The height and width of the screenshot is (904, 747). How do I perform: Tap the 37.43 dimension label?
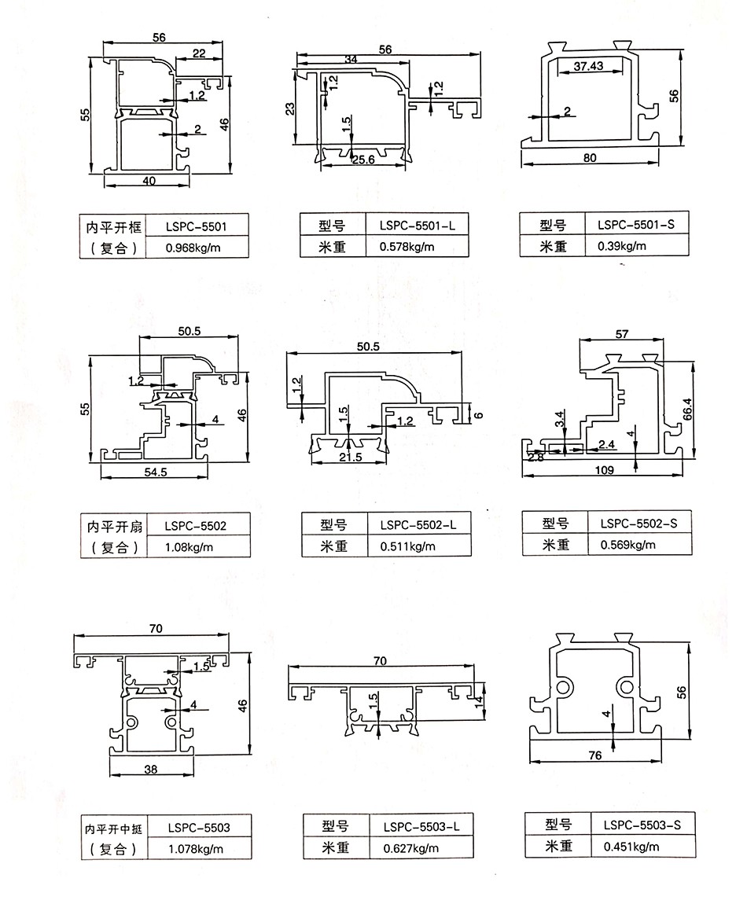(x=588, y=66)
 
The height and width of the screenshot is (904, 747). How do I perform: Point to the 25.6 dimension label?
(x=362, y=161)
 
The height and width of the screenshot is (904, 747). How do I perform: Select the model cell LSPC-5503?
(x=199, y=827)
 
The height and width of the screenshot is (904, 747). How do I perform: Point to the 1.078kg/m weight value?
(x=196, y=849)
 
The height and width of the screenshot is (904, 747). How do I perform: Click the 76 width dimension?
(x=594, y=755)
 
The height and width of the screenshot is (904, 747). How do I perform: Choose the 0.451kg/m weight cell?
(x=631, y=847)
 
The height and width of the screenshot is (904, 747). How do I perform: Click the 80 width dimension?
(x=591, y=157)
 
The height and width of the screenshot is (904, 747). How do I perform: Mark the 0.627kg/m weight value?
(x=410, y=848)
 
